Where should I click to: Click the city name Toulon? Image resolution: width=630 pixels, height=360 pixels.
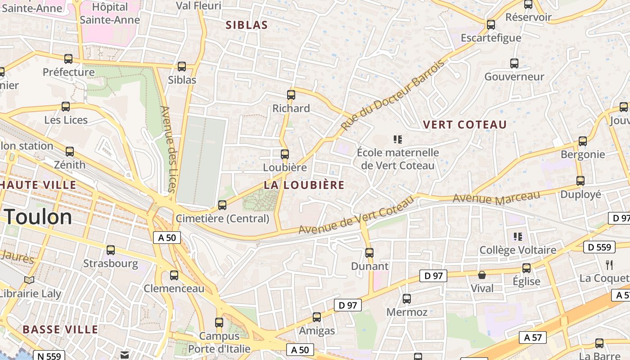[38, 217]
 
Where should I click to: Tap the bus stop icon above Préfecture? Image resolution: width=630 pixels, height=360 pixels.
[68, 58]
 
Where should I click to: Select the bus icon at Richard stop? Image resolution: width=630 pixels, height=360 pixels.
[291, 95]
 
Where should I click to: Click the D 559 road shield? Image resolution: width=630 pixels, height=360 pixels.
[600, 247]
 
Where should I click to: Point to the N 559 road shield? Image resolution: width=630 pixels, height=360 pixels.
[49, 356]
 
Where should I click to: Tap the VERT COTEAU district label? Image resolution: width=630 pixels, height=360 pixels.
[465, 125]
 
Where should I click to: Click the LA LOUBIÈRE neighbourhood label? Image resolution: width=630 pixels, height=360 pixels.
[304, 185]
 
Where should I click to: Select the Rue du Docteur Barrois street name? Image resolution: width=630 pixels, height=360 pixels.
[392, 95]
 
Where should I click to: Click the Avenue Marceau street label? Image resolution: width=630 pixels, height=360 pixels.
[496, 198]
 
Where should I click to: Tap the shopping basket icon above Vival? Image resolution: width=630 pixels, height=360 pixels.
[482, 274]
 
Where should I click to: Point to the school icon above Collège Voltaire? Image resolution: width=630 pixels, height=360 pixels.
[517, 236]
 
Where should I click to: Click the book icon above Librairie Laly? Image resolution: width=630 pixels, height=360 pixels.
[29, 280]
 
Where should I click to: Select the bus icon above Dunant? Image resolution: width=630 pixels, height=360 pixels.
[369, 253]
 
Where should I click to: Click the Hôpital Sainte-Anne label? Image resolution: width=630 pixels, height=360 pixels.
[110, 13]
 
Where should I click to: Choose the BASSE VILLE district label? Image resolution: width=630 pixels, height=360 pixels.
[60, 329]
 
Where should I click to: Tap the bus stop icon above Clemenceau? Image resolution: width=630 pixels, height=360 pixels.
[174, 275]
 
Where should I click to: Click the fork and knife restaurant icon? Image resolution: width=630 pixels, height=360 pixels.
[610, 265]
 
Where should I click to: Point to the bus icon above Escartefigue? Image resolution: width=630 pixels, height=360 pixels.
[491, 24]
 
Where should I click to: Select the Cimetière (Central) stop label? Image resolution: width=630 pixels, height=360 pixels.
[222, 219]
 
